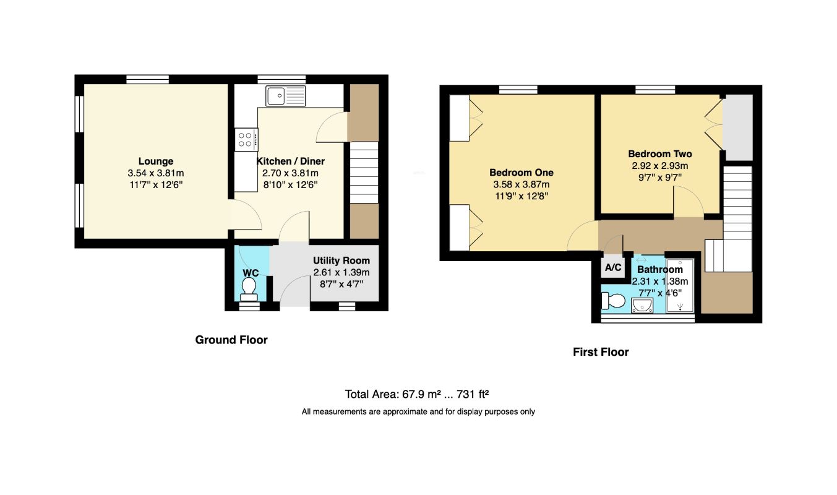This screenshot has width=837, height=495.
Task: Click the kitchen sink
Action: [x=285, y=96]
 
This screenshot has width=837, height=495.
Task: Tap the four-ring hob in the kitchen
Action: [x=246, y=140]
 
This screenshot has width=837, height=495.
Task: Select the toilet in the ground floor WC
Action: [x=249, y=290]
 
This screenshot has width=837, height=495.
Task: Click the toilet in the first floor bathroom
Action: [x=613, y=301]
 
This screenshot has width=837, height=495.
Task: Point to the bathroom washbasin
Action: [x=642, y=306]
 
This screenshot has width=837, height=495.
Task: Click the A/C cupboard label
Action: [x=613, y=267]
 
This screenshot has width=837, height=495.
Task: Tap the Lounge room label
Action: [x=156, y=161]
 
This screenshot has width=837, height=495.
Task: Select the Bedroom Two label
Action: [x=660, y=153]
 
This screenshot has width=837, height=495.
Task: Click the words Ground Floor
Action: [x=231, y=340]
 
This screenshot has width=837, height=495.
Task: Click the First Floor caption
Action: [x=601, y=352]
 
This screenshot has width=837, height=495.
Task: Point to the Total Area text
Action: [x=416, y=394]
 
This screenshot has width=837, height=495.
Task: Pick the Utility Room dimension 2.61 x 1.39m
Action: [x=341, y=272]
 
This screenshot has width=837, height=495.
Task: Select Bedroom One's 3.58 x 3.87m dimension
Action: [x=522, y=184]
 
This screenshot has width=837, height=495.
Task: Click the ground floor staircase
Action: [x=364, y=173]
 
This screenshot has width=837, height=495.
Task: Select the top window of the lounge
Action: [x=147, y=79]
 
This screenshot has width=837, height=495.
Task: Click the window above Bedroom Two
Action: [x=655, y=90]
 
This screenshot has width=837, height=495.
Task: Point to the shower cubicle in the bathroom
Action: [x=680, y=285]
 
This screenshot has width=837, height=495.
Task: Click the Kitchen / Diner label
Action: [x=290, y=161]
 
